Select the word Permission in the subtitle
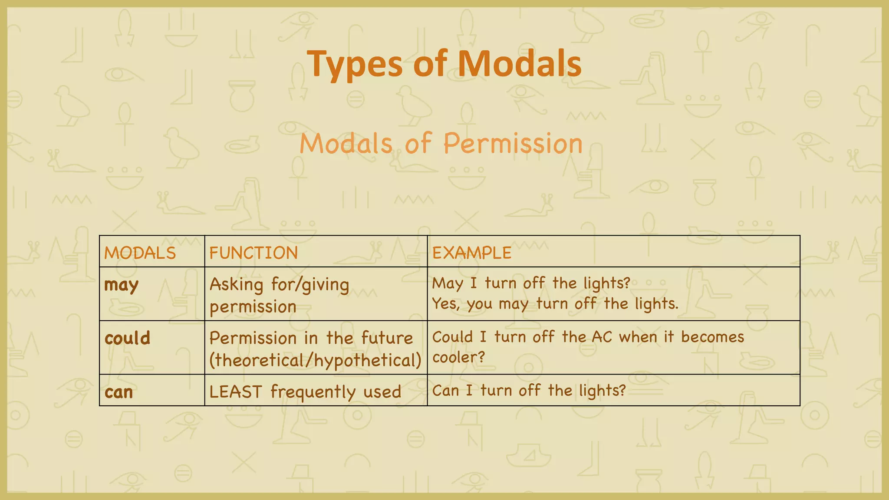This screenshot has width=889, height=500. pyautogui.click(x=513, y=143)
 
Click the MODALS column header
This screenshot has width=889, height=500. pyautogui.click(x=140, y=253)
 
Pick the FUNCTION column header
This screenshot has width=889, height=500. pyautogui.click(x=254, y=253)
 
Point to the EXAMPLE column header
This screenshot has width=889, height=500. pyautogui.click(x=472, y=253)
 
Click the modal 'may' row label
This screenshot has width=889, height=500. pyautogui.click(x=121, y=285)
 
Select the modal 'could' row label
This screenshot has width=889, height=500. pyautogui.click(x=127, y=338)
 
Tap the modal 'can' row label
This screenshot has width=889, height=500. pyautogui.click(x=119, y=392)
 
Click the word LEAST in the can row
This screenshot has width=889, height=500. pyautogui.click(x=236, y=392)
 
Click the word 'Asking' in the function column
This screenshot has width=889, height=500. pyautogui.click(x=236, y=285)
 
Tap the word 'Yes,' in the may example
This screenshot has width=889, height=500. pyautogui.click(x=446, y=304)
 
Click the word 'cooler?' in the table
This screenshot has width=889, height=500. pyautogui.click(x=458, y=358)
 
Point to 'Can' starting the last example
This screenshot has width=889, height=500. pyautogui.click(x=445, y=391)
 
